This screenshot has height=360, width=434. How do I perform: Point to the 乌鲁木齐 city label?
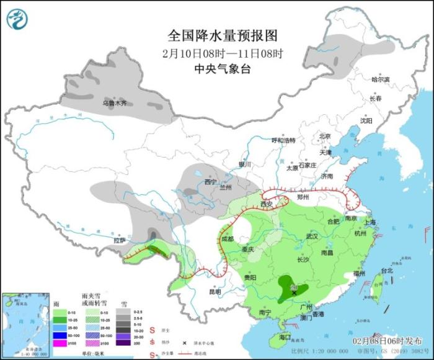tap(114, 102)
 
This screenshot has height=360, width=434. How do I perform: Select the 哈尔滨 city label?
tap(380, 79)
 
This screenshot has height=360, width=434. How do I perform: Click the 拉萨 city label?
tap(120, 240)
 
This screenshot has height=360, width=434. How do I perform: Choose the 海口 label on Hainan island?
tap(285, 337)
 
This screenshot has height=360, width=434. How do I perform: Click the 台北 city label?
tap(387, 271)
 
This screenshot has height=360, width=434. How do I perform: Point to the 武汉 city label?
tap(311, 236)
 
